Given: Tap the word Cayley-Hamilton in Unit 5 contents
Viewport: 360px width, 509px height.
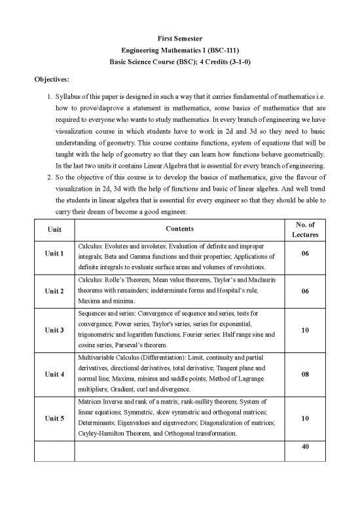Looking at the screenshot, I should pos(102,434).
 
